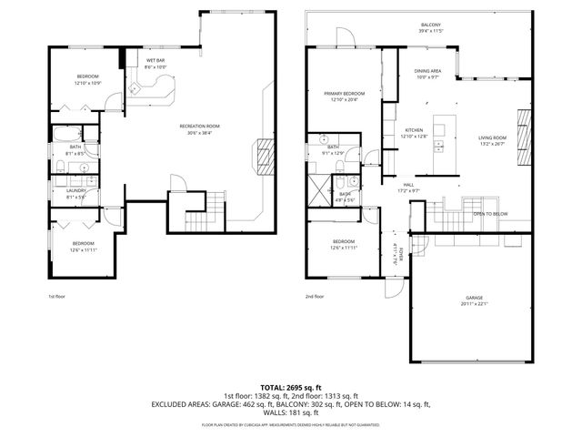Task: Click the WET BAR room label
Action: pos(155,61)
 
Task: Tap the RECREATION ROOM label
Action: pos(198,127)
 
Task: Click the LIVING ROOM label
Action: pos(492,137)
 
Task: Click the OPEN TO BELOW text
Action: pos(490,216)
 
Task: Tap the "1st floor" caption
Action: pos(56,296)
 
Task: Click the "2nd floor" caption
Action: pos(315,296)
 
